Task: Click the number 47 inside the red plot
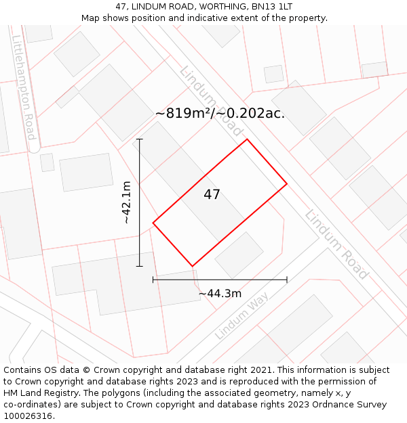pyautogui.click(x=212, y=195)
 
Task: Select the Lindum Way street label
pyautogui.click(x=241, y=315)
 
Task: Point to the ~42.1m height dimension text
pyautogui.click(x=126, y=202)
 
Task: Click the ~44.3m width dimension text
pyautogui.click(x=220, y=294)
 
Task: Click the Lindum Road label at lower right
pyautogui.click(x=336, y=244)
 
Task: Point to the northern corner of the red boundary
pyautogui.click(x=247, y=139)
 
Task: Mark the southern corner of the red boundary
pyautogui.click(x=193, y=266)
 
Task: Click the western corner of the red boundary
pyautogui.click(x=153, y=223)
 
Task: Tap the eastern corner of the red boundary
pyautogui.click(x=287, y=183)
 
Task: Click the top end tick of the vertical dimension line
pyautogui.click(x=140, y=139)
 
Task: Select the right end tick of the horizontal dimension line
pyautogui.click(x=287, y=279)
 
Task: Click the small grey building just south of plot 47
pyautogui.click(x=239, y=255)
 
